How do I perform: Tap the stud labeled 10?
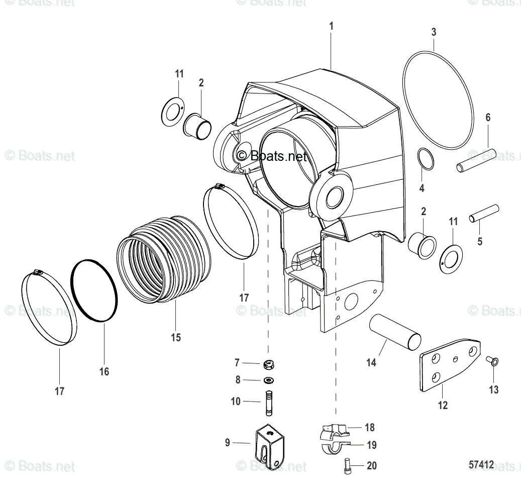click(x=269, y=403)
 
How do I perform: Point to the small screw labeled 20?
click(x=348, y=466)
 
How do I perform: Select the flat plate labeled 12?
click(x=448, y=365)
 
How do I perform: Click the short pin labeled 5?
click(x=484, y=213)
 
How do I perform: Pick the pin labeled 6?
click(x=476, y=160)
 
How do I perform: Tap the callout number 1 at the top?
click(x=331, y=26)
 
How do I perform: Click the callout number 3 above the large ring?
click(x=434, y=32)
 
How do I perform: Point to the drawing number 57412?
click(x=481, y=465)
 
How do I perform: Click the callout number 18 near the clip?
click(x=369, y=428)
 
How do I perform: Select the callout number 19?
click(x=371, y=445)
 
